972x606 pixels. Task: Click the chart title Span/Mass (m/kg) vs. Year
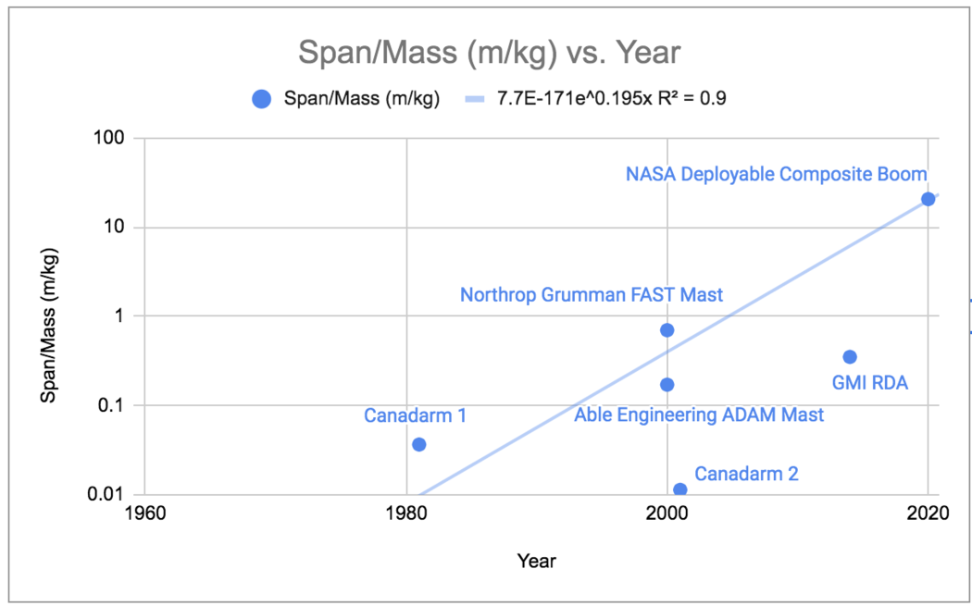point(489,53)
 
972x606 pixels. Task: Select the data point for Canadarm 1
point(418,444)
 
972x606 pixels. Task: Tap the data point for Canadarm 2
point(680,489)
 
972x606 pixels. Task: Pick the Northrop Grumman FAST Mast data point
point(667,329)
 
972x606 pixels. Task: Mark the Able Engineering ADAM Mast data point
point(667,384)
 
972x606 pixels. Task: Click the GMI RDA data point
point(850,356)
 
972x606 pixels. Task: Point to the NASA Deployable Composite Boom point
point(928,199)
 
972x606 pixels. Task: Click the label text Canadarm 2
point(746,475)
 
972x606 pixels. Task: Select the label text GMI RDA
point(869,382)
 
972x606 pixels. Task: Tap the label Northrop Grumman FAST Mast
point(592,296)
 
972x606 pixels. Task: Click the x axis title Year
point(537,560)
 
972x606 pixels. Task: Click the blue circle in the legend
point(263,99)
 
